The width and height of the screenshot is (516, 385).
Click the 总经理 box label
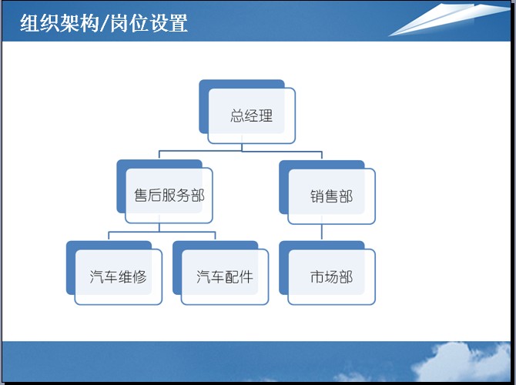[x=251, y=115]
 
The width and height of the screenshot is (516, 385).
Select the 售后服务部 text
[x=169, y=196]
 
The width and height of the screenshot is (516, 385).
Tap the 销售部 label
[x=331, y=196]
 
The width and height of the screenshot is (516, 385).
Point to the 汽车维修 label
[x=118, y=276]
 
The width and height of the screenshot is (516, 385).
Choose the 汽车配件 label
[x=225, y=276]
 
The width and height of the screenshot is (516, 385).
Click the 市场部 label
[x=331, y=276]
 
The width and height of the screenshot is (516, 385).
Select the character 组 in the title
[x=29, y=23]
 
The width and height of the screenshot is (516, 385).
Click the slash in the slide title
[x=104, y=23]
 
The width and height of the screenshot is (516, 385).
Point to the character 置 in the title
[x=179, y=23]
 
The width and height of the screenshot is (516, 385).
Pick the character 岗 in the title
[x=119, y=23]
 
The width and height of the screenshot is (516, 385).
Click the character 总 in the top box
[x=237, y=115]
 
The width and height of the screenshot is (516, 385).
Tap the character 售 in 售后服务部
[x=141, y=196]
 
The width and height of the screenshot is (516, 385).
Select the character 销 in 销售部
[x=317, y=196]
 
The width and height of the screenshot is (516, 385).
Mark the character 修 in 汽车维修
[x=140, y=276]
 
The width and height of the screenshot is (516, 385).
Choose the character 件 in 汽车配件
[x=246, y=276]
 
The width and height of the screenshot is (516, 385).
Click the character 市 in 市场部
[x=317, y=276]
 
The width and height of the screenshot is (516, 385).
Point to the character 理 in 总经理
[x=266, y=115]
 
